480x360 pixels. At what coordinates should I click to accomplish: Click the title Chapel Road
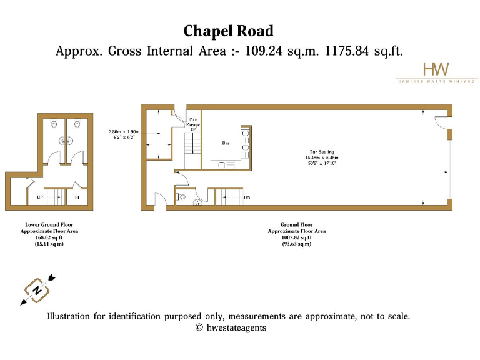228,31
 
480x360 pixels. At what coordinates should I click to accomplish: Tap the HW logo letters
436,69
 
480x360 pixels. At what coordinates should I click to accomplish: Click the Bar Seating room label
322,151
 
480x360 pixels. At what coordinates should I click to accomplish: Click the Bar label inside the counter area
226,143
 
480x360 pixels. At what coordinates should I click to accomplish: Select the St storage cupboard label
78,197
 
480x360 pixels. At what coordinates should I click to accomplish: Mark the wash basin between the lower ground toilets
64,141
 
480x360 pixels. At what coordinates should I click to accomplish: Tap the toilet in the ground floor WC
182,197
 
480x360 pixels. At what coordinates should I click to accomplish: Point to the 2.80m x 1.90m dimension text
124,132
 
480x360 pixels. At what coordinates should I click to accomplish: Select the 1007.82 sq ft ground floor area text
296,237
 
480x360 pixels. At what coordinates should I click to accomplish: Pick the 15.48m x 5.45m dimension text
322,157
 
